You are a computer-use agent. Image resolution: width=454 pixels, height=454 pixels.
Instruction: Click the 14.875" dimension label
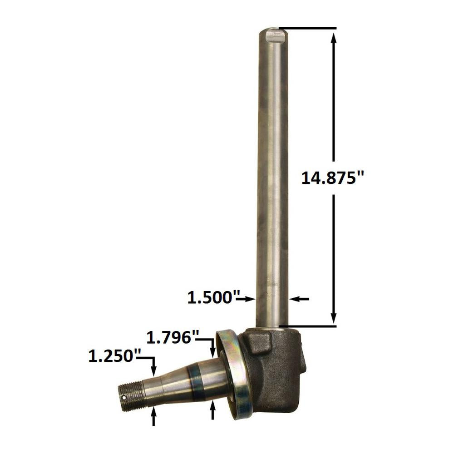coord(332,178)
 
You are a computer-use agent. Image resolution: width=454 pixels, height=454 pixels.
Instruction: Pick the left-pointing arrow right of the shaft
coord(299,299)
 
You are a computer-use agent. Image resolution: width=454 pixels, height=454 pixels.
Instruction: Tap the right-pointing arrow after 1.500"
coord(246,299)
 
